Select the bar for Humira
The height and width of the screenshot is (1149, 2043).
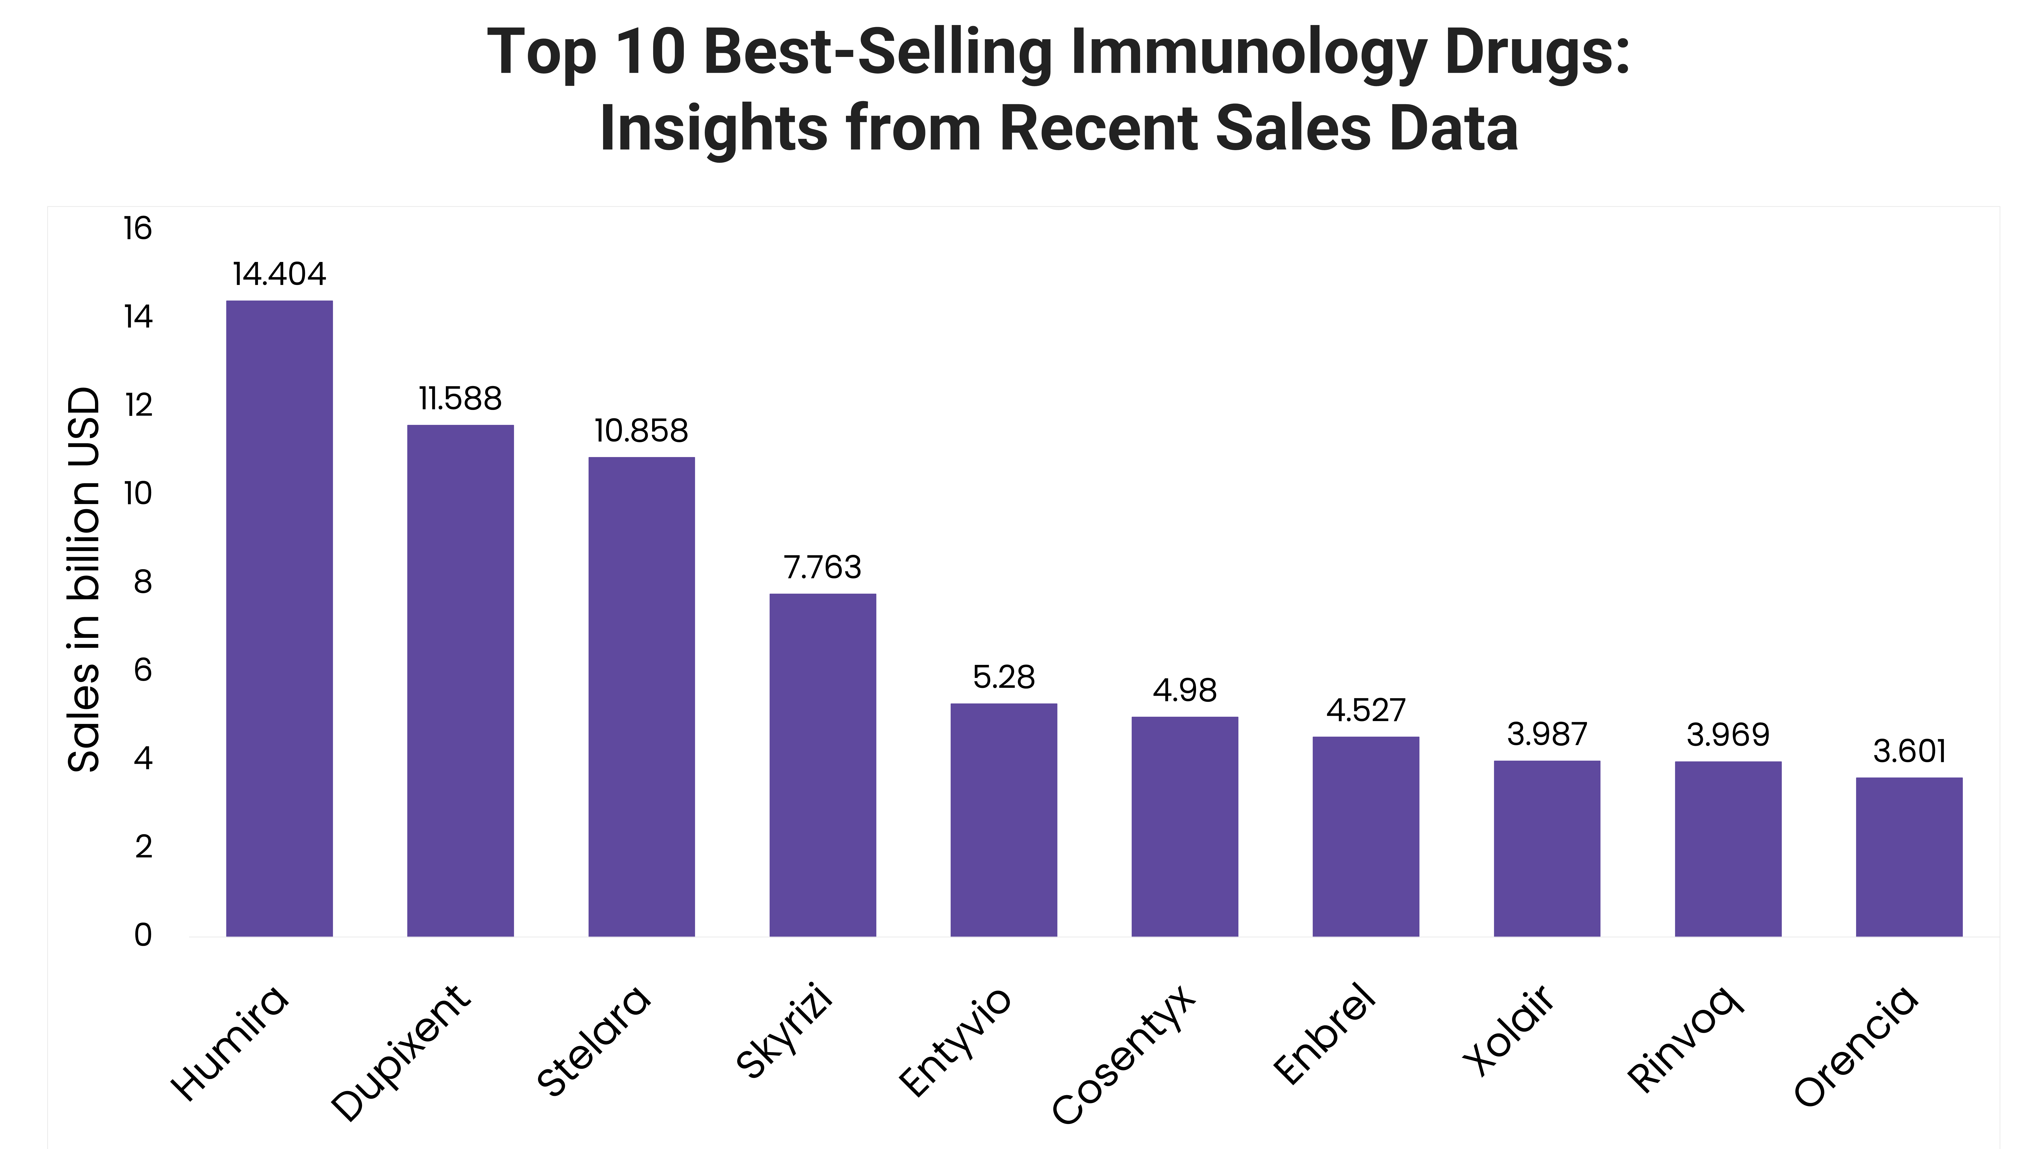pyautogui.click(x=279, y=618)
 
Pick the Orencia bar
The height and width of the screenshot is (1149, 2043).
pyautogui.click(x=1909, y=856)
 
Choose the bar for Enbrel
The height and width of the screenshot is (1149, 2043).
pyautogui.click(x=1366, y=836)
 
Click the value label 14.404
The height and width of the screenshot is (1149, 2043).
pyautogui.click(x=279, y=274)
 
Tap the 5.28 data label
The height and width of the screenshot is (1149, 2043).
pyautogui.click(x=1003, y=677)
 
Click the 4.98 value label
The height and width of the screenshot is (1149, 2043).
pyautogui.click(x=1184, y=691)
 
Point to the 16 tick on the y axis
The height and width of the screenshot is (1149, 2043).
pyautogui.click(x=137, y=229)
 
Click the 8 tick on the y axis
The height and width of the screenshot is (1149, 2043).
pyautogui.click(x=143, y=582)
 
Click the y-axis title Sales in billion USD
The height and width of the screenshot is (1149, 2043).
pyautogui.click(x=84, y=579)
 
